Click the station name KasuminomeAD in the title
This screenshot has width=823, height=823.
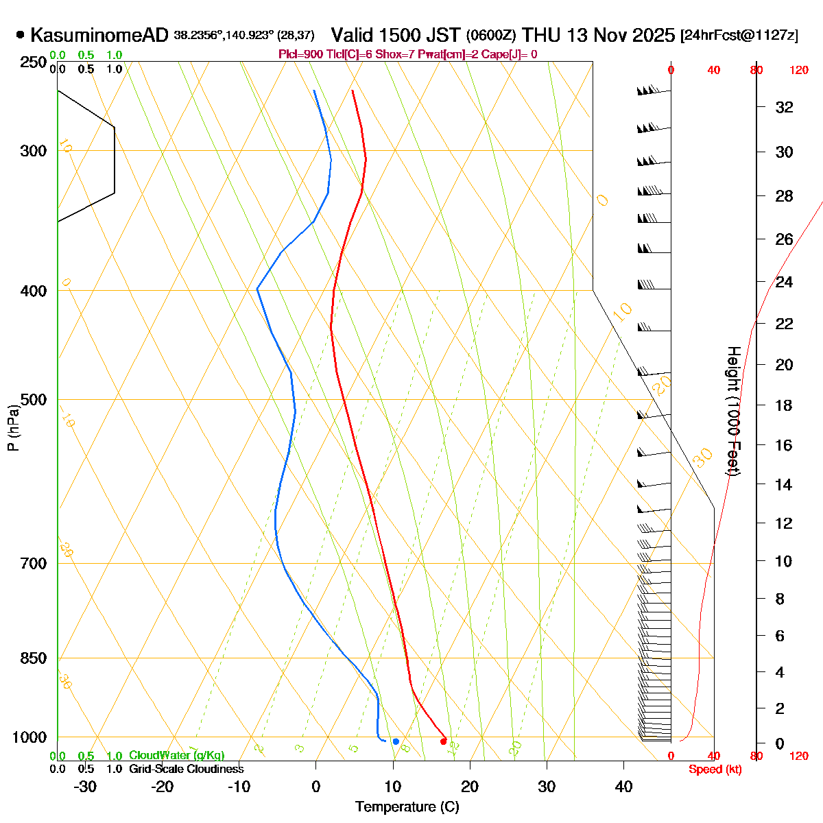pyautogui.click(x=99, y=36)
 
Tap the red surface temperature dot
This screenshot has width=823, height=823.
pyautogui.click(x=443, y=741)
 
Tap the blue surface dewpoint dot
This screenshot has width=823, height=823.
pyautogui.click(x=396, y=741)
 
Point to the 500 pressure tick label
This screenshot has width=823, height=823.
pyautogui.click(x=34, y=399)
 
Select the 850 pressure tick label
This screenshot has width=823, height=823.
pyautogui.click(x=34, y=658)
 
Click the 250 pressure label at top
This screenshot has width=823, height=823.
pyautogui.click(x=34, y=62)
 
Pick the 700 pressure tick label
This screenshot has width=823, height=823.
pyautogui.click(x=34, y=564)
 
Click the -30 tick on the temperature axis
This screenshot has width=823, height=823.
pyautogui.click(x=85, y=787)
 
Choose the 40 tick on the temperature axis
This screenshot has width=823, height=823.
pyautogui.click(x=623, y=787)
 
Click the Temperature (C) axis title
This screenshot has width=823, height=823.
pyautogui.click(x=407, y=807)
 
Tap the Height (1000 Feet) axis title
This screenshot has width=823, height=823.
pyautogui.click(x=732, y=411)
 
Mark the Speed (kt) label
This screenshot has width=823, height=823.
pyautogui.click(x=715, y=770)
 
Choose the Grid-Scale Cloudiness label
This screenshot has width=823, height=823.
pyautogui.click(x=186, y=770)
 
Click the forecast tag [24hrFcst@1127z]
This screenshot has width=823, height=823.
pyautogui.click(x=739, y=36)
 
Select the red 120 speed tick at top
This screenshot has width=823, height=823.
pyautogui.click(x=799, y=70)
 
